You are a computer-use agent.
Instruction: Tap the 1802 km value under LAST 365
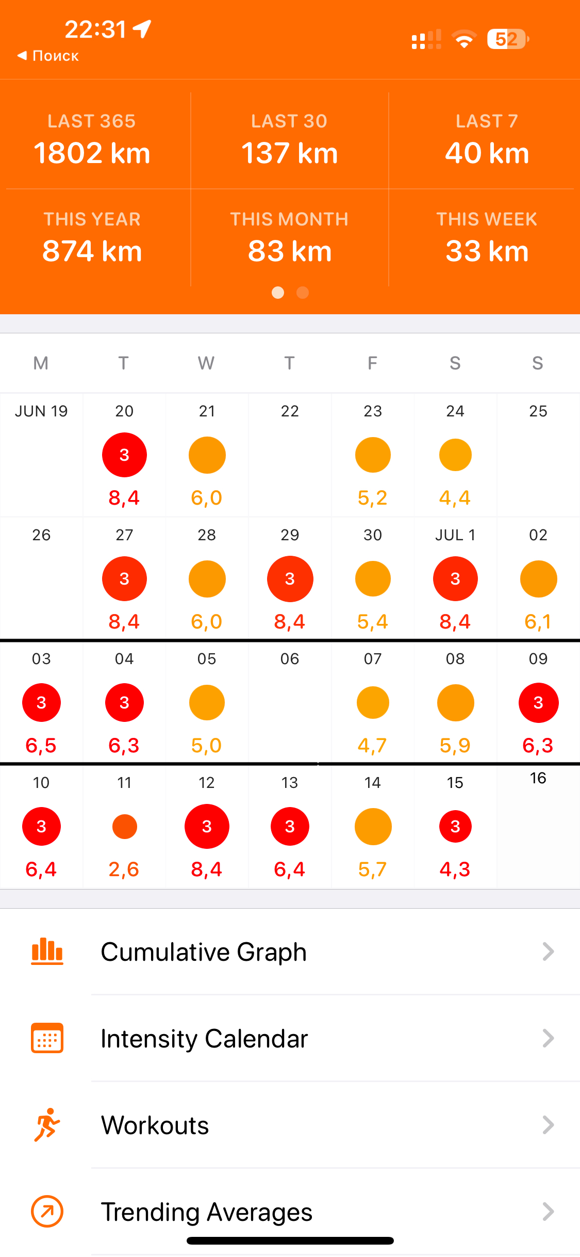point(92,153)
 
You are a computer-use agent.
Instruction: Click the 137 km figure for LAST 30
point(289,153)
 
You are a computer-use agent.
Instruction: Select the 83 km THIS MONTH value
point(289,251)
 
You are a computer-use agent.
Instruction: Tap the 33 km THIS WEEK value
point(487,251)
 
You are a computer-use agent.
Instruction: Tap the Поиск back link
point(48,56)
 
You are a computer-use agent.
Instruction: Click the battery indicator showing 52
point(507,39)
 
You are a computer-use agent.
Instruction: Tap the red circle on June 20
point(124,455)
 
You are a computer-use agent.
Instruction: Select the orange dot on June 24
point(455,455)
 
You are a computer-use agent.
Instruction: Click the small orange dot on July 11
point(124,826)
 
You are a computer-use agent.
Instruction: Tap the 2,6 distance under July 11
point(124,869)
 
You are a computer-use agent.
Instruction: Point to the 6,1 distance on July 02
point(538,622)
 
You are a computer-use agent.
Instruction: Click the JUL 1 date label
point(455,535)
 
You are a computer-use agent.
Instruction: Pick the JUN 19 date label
point(41,411)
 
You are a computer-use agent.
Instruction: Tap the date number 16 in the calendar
point(538,778)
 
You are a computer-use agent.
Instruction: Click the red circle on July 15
point(455,826)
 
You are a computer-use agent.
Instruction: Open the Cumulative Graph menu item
point(204,952)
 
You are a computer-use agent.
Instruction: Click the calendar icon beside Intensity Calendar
point(47,1038)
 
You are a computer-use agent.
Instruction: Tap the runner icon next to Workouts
point(47,1124)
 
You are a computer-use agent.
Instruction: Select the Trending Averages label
point(206,1212)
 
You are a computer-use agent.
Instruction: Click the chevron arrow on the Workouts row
point(548,1125)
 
